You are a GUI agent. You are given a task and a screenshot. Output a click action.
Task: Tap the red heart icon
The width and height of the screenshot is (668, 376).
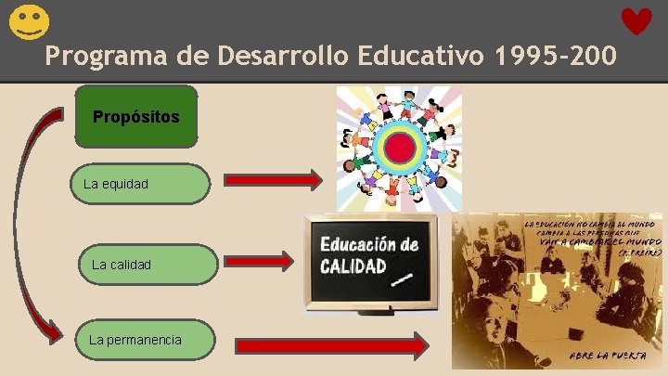(636, 20)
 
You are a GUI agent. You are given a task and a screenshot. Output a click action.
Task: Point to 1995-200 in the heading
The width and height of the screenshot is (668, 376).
(556, 57)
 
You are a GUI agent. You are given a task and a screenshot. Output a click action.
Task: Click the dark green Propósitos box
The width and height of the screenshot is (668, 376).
(136, 118)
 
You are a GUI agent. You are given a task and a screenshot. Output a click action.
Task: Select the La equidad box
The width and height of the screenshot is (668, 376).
(142, 184)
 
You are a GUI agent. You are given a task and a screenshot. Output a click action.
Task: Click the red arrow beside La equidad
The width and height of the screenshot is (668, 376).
(270, 179)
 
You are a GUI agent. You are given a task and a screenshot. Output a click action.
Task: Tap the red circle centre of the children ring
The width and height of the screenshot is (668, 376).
(398, 146)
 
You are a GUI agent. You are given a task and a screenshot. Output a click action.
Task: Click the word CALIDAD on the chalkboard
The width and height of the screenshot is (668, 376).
(353, 266)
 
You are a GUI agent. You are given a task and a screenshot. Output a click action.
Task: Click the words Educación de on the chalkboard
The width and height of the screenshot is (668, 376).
(369, 245)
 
